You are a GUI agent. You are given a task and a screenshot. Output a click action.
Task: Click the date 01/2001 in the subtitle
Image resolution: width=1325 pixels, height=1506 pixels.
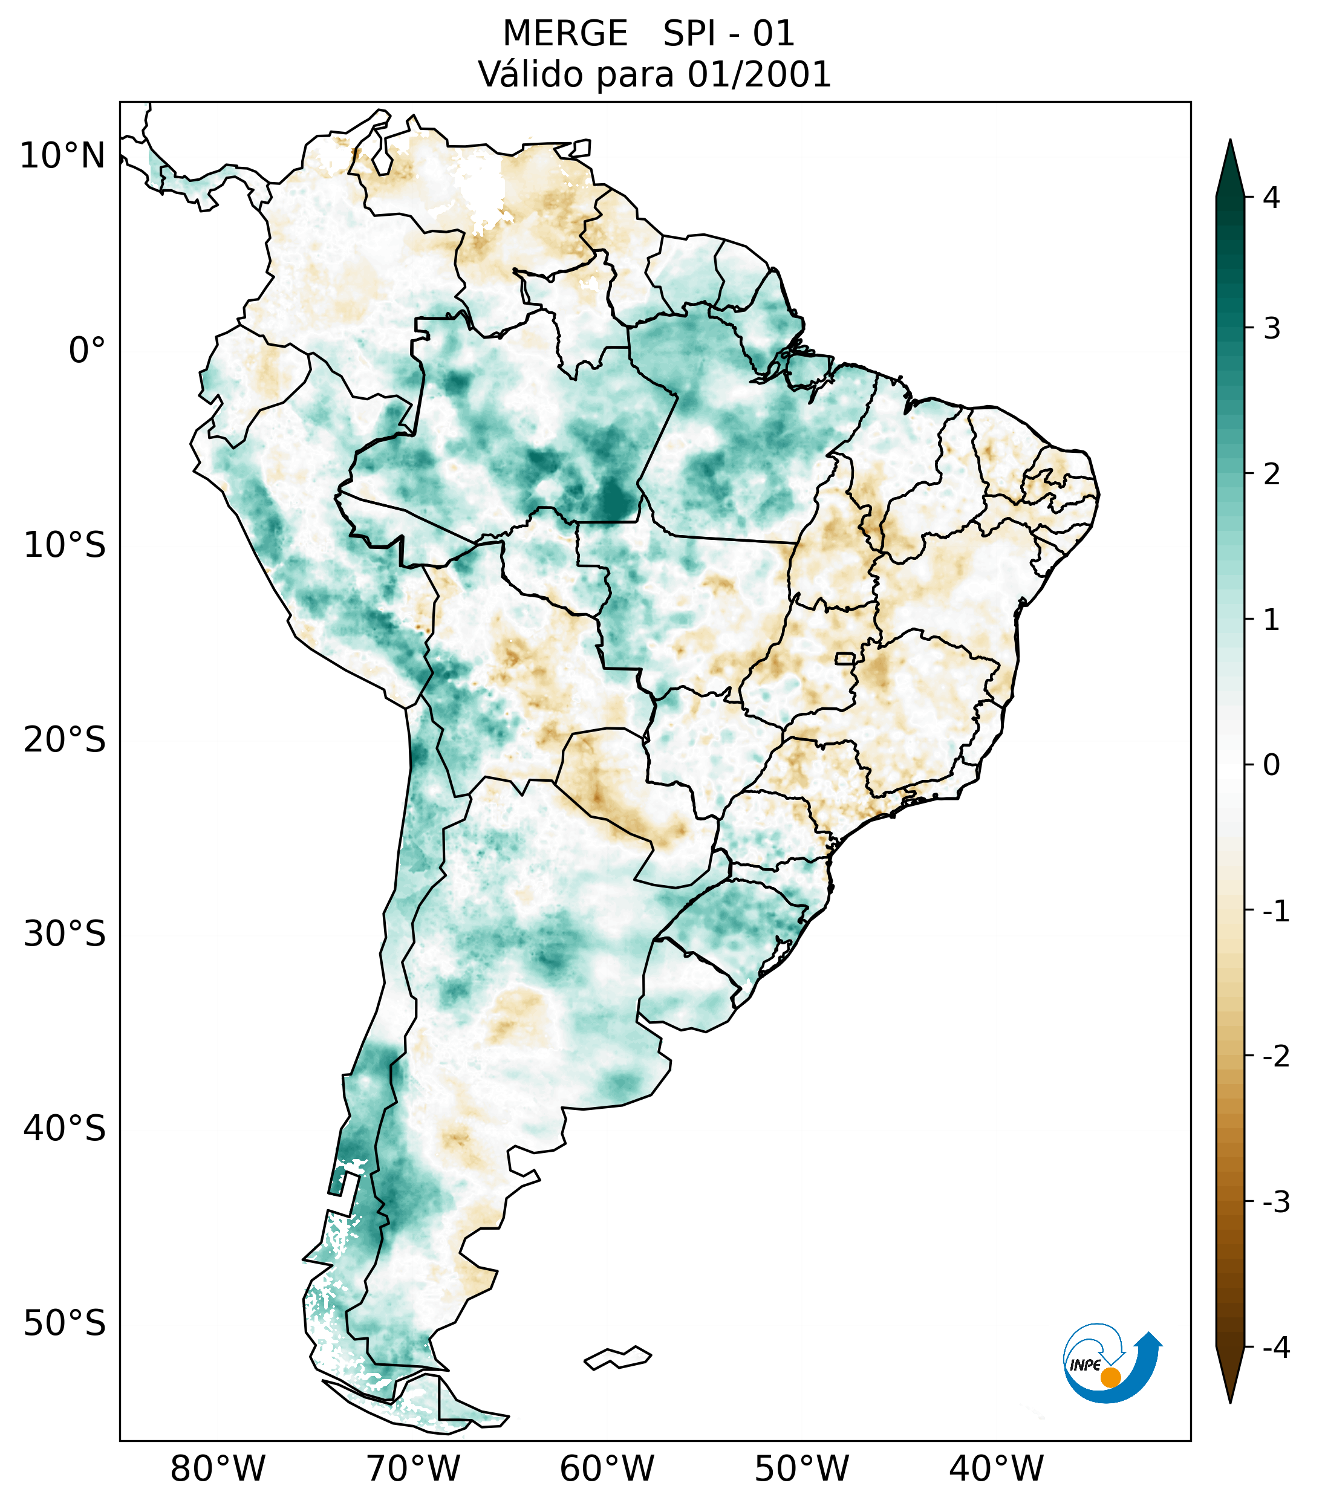(759, 74)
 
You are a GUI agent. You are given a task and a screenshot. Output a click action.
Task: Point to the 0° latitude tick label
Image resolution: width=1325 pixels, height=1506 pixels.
(87, 351)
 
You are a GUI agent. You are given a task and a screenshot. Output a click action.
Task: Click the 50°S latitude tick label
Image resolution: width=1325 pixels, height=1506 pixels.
(65, 1324)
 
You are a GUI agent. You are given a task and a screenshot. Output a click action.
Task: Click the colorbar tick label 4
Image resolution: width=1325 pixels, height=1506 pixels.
(1271, 198)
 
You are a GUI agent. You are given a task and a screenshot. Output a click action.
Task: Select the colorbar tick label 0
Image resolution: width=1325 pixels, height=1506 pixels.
(1271, 765)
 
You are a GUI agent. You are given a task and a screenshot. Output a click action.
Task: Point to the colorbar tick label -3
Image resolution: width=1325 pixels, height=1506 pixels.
(1275, 1202)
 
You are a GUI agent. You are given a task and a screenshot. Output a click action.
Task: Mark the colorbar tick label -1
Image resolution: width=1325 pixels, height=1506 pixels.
(1275, 912)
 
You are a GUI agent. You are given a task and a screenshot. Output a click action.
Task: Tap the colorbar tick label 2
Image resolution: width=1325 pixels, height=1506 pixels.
(1271, 475)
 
